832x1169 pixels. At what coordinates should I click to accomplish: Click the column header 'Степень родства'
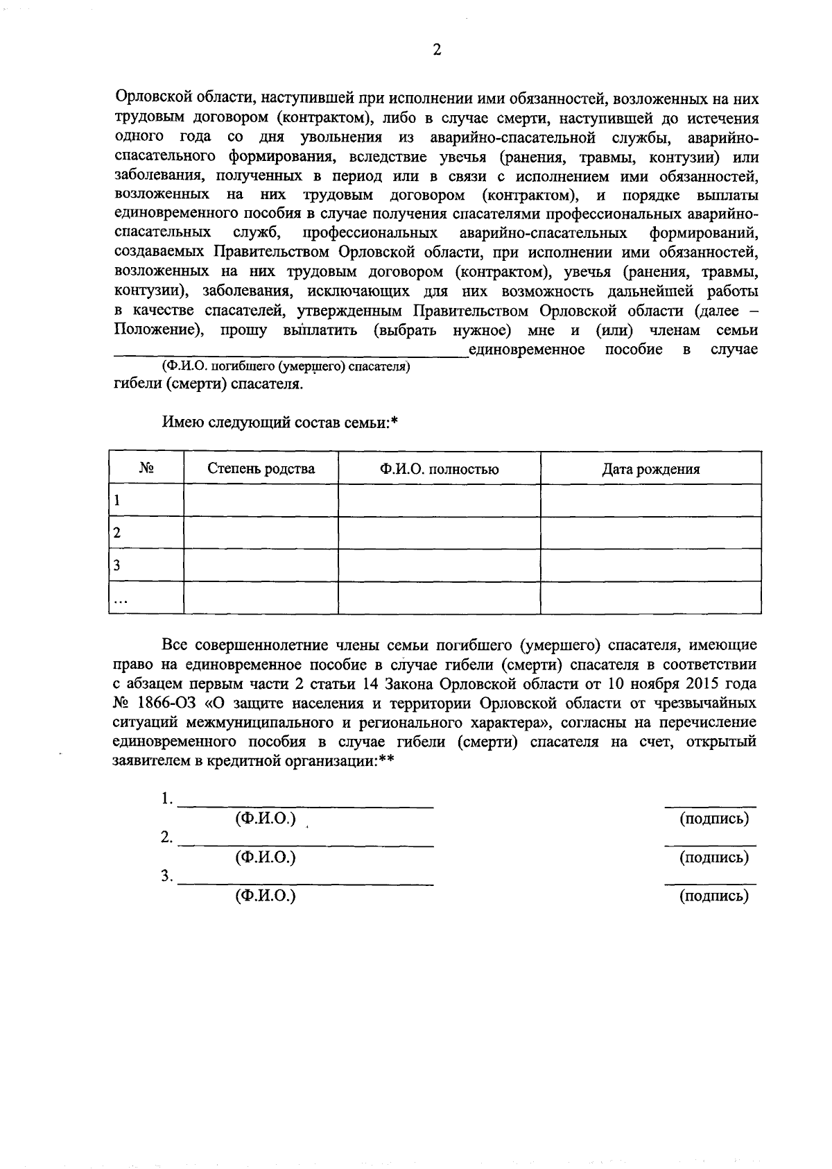tap(261, 469)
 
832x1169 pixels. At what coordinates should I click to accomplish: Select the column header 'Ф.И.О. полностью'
tap(439, 469)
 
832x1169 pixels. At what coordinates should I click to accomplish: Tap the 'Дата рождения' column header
tap(650, 469)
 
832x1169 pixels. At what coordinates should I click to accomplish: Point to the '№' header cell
tap(146, 469)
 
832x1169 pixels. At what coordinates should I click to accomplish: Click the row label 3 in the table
tap(117, 565)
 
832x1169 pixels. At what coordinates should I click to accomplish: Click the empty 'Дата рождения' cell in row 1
tap(650, 500)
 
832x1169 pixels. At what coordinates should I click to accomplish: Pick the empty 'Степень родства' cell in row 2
tap(261, 533)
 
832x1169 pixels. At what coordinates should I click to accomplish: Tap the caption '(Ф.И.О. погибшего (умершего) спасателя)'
tap(286, 367)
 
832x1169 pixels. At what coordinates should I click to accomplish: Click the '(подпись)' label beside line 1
tap(714, 819)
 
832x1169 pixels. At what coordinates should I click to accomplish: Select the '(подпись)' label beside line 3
tap(714, 896)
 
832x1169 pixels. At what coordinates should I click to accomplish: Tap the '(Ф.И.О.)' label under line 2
tap(266, 858)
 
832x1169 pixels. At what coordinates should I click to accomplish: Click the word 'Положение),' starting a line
tap(157, 330)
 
